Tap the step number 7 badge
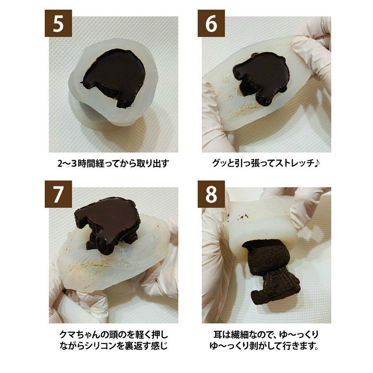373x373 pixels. (58, 194)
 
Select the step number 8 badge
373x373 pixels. (211, 194)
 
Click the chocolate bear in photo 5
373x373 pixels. (112, 77)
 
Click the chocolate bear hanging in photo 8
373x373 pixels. (271, 269)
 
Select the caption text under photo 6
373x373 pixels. (266, 162)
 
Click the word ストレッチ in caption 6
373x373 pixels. (295, 162)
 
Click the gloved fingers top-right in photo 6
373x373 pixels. (315, 46)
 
